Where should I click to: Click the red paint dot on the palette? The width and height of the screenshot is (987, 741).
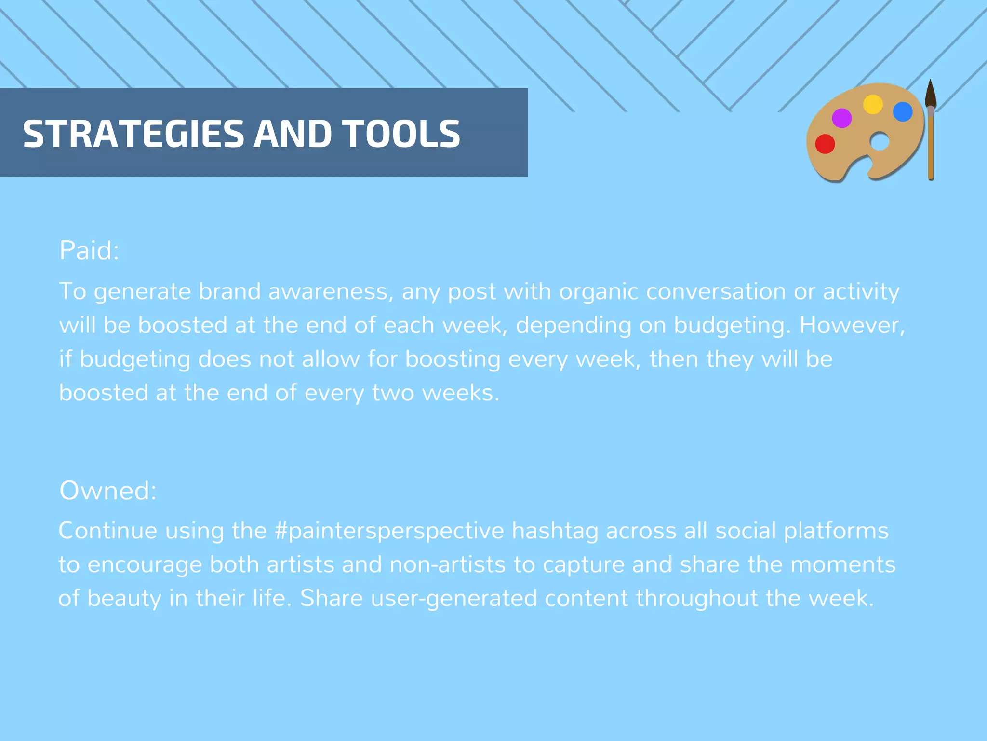[x=825, y=144]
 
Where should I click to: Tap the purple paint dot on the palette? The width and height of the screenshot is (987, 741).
[x=842, y=118]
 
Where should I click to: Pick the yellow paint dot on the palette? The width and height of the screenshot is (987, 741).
[x=873, y=104]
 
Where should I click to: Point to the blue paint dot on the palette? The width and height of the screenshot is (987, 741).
[x=903, y=112]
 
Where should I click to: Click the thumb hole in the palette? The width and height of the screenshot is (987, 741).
[x=880, y=142]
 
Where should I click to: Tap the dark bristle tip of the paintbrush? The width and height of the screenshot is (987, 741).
[x=931, y=94]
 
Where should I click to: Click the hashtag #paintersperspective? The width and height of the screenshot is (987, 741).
[x=389, y=531]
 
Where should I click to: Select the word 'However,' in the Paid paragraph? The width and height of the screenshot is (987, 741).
[x=852, y=326]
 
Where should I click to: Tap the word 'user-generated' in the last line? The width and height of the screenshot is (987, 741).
[x=454, y=599]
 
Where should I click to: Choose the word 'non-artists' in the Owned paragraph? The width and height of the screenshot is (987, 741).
[x=448, y=565]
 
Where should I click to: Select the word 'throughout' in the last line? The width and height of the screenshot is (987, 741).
[x=697, y=599]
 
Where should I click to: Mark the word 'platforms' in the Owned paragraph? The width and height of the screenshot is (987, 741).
[x=836, y=531]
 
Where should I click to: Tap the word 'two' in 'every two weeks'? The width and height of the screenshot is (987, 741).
[x=393, y=393]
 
